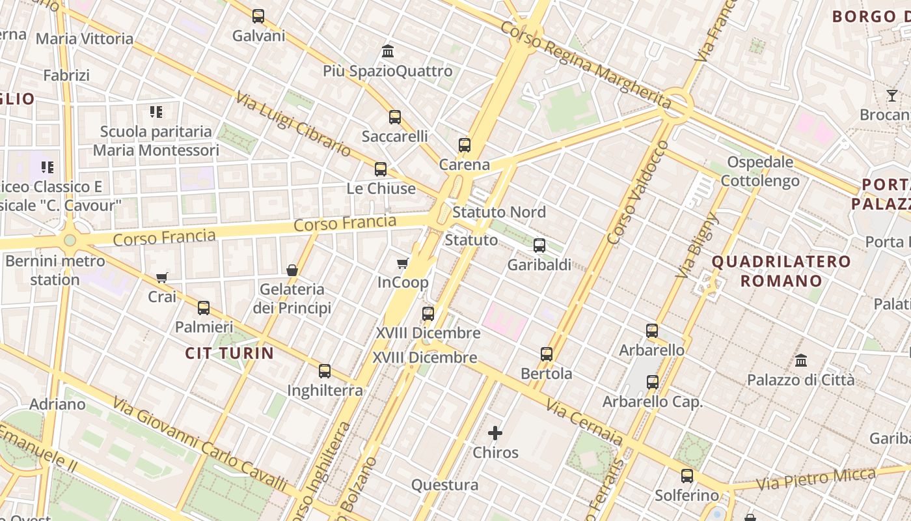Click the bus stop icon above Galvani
click(258, 16)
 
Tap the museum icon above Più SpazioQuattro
click(388, 51)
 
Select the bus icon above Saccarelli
click(395, 117)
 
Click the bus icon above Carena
click(464, 145)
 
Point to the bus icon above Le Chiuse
click(381, 169)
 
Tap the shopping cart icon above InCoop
click(403, 263)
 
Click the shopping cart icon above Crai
click(162, 278)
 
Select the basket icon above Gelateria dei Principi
click(292, 270)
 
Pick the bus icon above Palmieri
click(204, 308)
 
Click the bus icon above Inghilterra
click(325, 371)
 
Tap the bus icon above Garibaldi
click(539, 246)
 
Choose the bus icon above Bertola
click(547, 354)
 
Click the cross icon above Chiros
click(495, 433)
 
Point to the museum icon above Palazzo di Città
click(801, 360)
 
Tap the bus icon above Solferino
click(687, 476)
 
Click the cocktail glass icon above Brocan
click(891, 96)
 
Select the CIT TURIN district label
click(230, 353)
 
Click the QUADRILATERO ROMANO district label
click(781, 272)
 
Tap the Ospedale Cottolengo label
click(760, 171)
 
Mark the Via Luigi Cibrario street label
click(293, 123)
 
